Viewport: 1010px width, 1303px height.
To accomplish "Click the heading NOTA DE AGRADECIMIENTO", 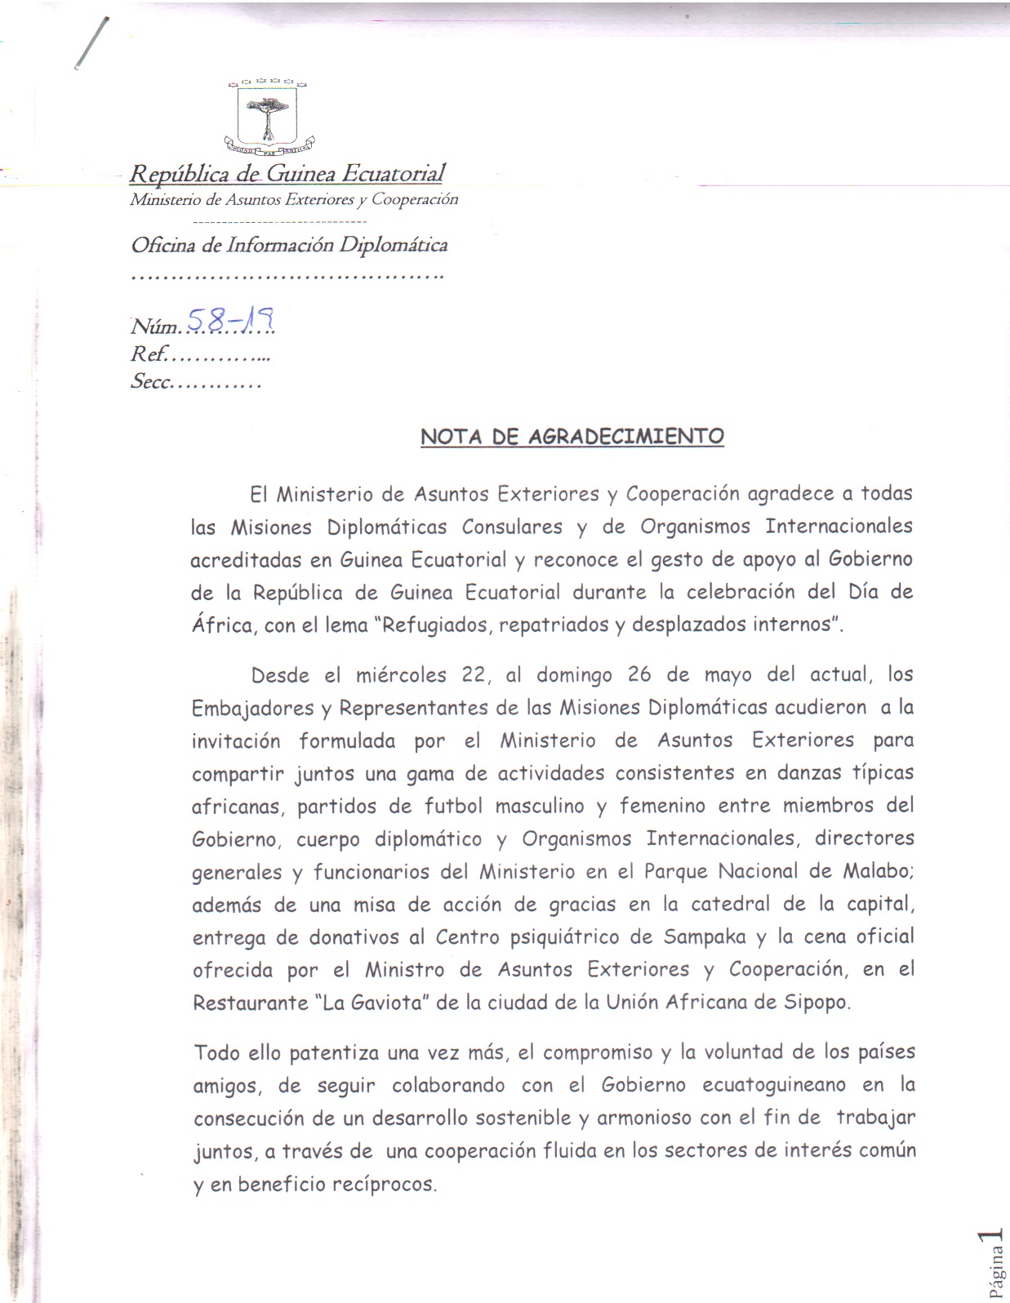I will pyautogui.click(x=572, y=437).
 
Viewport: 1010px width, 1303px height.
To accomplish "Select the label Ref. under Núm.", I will pyautogui.click(x=149, y=354).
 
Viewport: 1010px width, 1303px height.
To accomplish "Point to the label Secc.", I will pyautogui.click(x=150, y=381).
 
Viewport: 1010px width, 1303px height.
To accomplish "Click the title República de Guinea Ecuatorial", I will pyautogui.click(x=287, y=174).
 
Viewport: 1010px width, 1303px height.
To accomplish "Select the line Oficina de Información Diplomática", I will pyautogui.click(x=289, y=245).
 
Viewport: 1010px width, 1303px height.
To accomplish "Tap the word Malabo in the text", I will pyautogui.click(x=876, y=871).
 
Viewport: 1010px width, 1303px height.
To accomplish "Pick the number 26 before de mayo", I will pyautogui.click(x=640, y=675).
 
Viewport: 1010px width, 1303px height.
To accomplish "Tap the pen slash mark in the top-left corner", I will pyautogui.click(x=90, y=45).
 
